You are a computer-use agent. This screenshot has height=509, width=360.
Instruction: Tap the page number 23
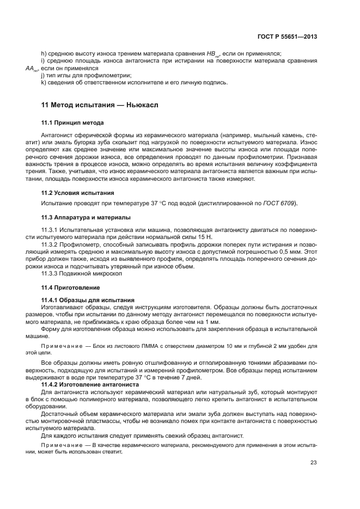[x=313, y=463]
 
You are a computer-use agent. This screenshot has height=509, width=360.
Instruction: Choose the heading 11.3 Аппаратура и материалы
[x=86, y=217]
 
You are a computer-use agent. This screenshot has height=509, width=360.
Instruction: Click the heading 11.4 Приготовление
[x=71, y=287]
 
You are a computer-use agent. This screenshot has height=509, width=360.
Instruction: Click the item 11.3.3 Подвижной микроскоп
[x=82, y=273]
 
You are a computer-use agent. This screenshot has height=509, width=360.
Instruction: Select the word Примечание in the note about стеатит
[x=59, y=445]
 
